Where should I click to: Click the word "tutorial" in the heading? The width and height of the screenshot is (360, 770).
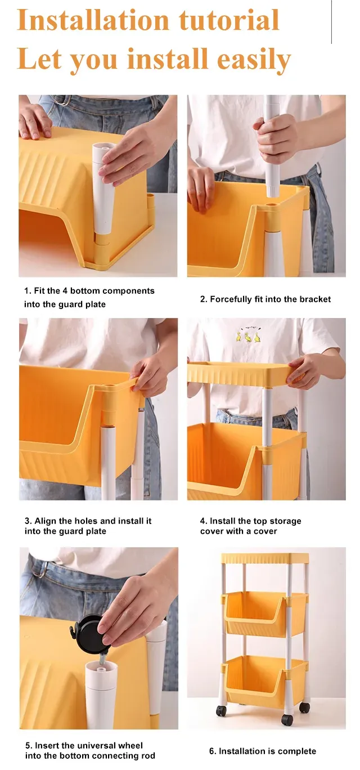pyautogui.click(x=228, y=20)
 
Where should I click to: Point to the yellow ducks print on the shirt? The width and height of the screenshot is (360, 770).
pyautogui.click(x=247, y=335)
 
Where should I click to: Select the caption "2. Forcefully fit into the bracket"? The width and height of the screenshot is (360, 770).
pyautogui.click(x=265, y=299)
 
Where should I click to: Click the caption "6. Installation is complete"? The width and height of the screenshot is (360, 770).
pyautogui.click(x=263, y=751)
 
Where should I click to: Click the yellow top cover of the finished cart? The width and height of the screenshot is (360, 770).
pyautogui.click(x=265, y=558)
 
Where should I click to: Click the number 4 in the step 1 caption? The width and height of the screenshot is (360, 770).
pyautogui.click(x=65, y=291)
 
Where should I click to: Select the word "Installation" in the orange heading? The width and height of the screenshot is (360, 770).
pyautogui.click(x=93, y=20)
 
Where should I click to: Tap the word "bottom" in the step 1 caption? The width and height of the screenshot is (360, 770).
pyautogui.click(x=85, y=291)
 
